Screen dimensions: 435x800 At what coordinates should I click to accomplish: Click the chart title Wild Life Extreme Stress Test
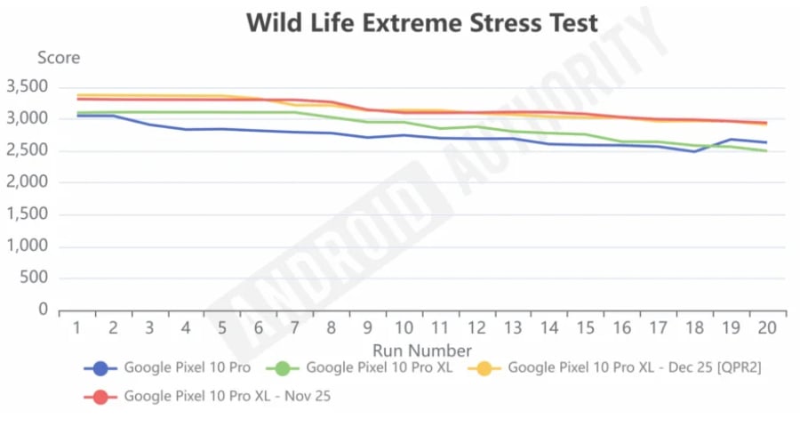[422, 22]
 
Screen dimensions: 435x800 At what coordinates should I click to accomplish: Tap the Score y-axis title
[58, 58]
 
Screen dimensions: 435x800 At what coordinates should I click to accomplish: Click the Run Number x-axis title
[422, 350]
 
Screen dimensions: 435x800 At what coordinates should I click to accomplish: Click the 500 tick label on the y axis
[35, 278]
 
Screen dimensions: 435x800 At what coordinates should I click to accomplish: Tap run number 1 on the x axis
[76, 328]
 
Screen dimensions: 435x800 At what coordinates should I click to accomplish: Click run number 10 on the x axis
[403, 328]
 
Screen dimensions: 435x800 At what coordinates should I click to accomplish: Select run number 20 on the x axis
[766, 328]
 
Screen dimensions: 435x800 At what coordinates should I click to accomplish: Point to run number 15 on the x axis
[585, 328]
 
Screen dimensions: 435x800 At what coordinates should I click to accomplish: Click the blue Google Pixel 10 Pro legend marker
[100, 368]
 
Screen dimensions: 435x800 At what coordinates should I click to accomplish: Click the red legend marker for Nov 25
[100, 397]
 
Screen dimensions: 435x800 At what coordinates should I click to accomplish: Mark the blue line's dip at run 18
[694, 151]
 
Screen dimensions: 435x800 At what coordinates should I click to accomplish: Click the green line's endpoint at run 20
[766, 151]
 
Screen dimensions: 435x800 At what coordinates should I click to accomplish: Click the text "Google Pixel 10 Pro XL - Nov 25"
[228, 397]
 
